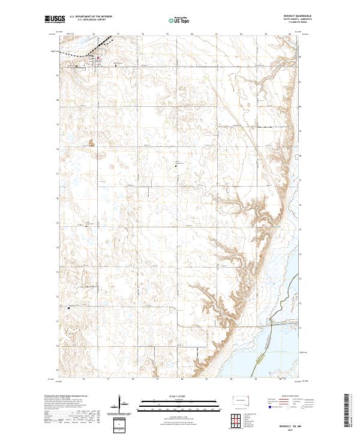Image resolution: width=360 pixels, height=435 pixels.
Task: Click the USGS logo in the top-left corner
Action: point(56,20)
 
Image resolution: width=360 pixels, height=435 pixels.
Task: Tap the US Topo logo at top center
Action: point(179,20)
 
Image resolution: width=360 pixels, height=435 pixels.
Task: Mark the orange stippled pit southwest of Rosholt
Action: point(91,143)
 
